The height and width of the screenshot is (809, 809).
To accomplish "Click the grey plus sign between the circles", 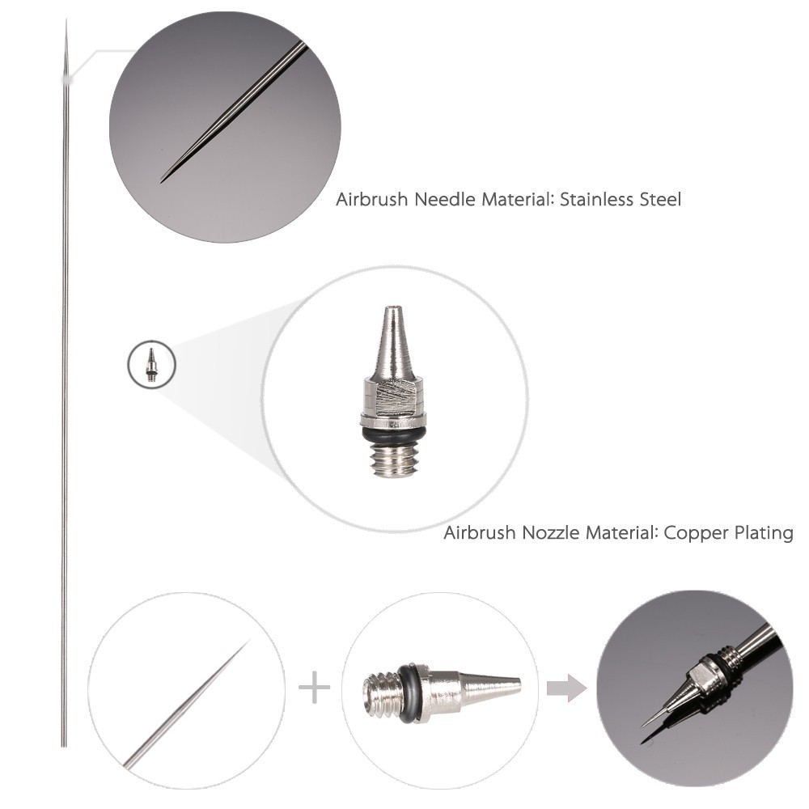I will [314, 689].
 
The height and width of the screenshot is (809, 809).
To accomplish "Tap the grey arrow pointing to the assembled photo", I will [566, 689].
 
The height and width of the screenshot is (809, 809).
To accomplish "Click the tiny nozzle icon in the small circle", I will [150, 365].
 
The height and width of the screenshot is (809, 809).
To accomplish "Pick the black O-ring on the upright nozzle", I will [393, 436].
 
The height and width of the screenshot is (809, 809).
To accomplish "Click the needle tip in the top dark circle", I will [165, 178].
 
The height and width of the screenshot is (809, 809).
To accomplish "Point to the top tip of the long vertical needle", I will [66, 24].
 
